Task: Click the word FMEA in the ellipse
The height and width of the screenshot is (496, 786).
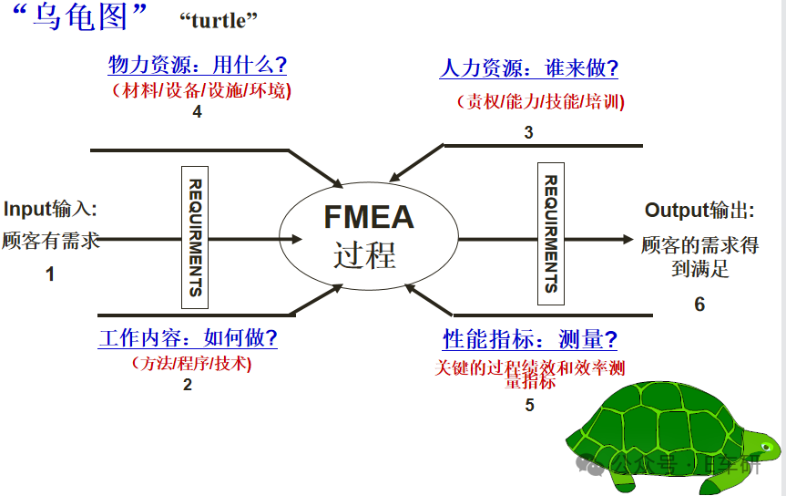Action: [369, 217]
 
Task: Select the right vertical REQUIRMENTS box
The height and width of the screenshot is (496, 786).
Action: [551, 232]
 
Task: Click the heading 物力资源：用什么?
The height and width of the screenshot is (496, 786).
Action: [198, 65]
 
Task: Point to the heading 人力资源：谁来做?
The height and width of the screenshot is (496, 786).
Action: [528, 67]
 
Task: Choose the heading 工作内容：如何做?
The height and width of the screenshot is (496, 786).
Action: [188, 338]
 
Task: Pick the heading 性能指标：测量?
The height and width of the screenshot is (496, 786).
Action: [529, 340]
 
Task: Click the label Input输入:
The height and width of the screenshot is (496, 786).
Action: [50, 209]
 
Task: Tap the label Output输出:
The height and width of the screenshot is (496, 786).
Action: [699, 211]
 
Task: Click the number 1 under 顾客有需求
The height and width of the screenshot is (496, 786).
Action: [50, 274]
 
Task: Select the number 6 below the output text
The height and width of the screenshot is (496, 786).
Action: [699, 305]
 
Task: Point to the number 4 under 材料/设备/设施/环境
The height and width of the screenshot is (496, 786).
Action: [197, 112]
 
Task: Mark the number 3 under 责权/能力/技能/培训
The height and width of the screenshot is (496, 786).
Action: [528, 132]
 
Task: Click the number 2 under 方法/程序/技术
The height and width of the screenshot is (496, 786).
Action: [188, 385]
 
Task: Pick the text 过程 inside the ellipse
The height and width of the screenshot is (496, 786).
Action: [365, 254]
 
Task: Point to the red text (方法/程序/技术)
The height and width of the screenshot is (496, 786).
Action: [189, 363]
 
